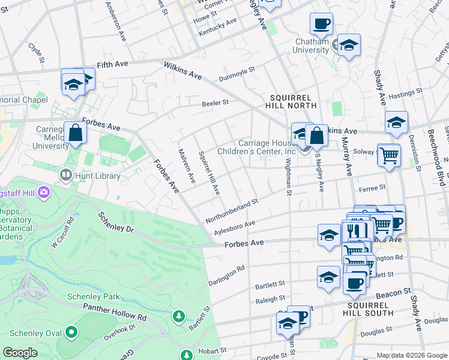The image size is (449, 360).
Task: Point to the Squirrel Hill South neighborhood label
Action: [370, 308]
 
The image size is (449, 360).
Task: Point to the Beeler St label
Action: [215, 103]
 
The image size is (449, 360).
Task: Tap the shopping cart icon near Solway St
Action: [389, 155]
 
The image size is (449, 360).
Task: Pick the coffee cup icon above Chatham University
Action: [321, 23]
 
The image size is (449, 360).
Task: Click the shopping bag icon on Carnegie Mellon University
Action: [76, 133]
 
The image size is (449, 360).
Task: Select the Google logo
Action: [20, 353]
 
